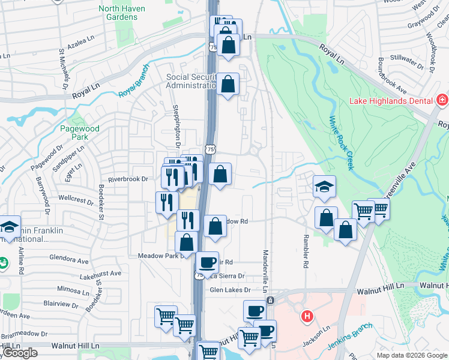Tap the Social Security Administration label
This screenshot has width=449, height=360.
(191, 81)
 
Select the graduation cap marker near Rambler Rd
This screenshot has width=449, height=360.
(324, 187)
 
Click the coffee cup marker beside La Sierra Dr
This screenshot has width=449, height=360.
(208, 263)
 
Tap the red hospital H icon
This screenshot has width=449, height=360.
(307, 316)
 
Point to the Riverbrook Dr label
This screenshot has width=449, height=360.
(128, 179)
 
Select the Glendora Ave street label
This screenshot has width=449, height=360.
(71, 260)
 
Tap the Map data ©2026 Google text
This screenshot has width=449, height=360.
(411, 355)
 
